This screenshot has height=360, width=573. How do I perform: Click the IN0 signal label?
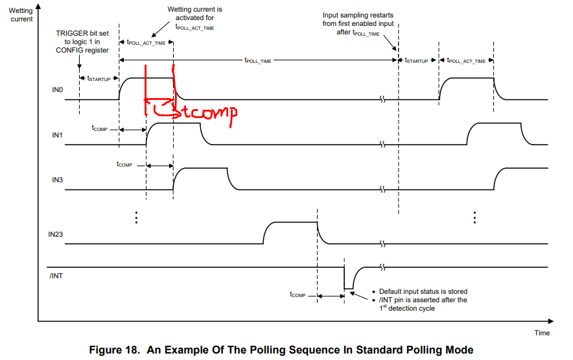58,90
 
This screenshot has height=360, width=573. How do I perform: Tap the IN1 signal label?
58,136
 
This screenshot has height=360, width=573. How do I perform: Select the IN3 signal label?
58,180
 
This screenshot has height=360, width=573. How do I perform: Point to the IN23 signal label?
56,235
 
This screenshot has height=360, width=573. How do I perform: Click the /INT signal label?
56,276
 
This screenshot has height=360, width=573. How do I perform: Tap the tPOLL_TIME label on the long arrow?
258,60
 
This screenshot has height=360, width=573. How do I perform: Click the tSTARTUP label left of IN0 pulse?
99,78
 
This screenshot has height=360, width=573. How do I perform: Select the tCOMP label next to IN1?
99,128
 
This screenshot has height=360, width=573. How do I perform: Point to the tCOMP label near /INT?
298,294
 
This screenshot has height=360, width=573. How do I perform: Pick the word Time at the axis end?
542,333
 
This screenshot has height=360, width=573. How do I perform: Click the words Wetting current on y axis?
21,15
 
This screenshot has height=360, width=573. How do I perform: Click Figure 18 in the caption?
114,350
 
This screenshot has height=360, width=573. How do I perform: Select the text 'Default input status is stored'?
423,292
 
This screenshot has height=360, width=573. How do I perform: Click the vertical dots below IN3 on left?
136,217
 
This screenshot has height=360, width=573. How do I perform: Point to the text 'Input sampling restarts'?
358,16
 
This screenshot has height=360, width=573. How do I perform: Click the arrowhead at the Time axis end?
551,321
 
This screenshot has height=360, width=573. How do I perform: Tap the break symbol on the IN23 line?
382,244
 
